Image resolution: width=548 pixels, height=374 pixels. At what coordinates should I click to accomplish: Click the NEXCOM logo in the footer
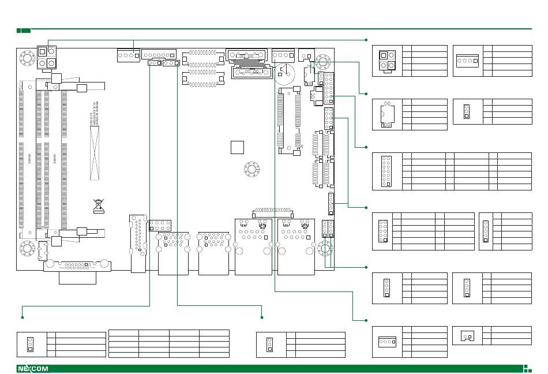[x=33, y=369]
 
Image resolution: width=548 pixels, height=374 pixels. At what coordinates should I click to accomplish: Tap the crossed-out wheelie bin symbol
[x=98, y=204]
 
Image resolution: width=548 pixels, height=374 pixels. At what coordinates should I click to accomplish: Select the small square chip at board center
[x=237, y=147]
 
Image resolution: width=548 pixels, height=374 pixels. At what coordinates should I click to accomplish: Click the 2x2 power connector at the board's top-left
[x=47, y=57]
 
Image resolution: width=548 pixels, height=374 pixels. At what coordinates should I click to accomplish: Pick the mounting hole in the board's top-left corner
[x=26, y=58]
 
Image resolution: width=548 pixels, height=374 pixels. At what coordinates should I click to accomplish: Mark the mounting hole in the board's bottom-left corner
[x=26, y=249]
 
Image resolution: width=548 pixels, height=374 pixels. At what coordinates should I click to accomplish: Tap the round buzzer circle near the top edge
[x=284, y=72]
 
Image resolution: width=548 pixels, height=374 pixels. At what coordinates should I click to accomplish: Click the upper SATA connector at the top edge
[x=248, y=55]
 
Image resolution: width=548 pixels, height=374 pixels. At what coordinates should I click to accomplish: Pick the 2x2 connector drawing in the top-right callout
[x=387, y=60]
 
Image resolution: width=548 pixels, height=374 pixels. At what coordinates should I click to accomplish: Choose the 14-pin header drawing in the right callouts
[x=386, y=171]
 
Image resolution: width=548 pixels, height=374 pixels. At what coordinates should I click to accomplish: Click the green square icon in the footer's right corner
[x=526, y=368]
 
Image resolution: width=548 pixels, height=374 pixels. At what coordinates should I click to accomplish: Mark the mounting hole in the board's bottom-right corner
[x=324, y=249]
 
